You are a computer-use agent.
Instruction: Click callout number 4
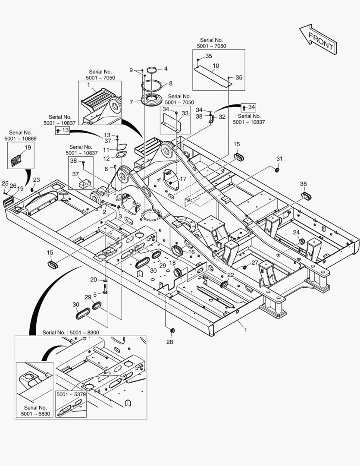[165, 69]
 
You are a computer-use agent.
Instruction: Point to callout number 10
[216, 66]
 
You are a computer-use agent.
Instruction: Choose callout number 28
[169, 342]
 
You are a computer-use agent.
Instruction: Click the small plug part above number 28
[172, 331]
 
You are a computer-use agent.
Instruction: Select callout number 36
[304, 184]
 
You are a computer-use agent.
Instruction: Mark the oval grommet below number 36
[306, 196]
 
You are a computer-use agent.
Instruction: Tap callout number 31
[279, 159]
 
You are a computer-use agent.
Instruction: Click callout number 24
[296, 233]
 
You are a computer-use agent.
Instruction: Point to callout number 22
[231, 275]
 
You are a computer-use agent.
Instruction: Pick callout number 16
[191, 252]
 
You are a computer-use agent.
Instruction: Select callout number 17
[183, 179]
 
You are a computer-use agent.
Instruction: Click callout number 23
[37, 180]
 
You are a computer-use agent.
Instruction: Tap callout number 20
[94, 280]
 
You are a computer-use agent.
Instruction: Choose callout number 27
[255, 263]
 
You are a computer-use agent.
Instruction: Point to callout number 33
[185, 113]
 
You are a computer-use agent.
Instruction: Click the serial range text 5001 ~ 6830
[35, 414]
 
